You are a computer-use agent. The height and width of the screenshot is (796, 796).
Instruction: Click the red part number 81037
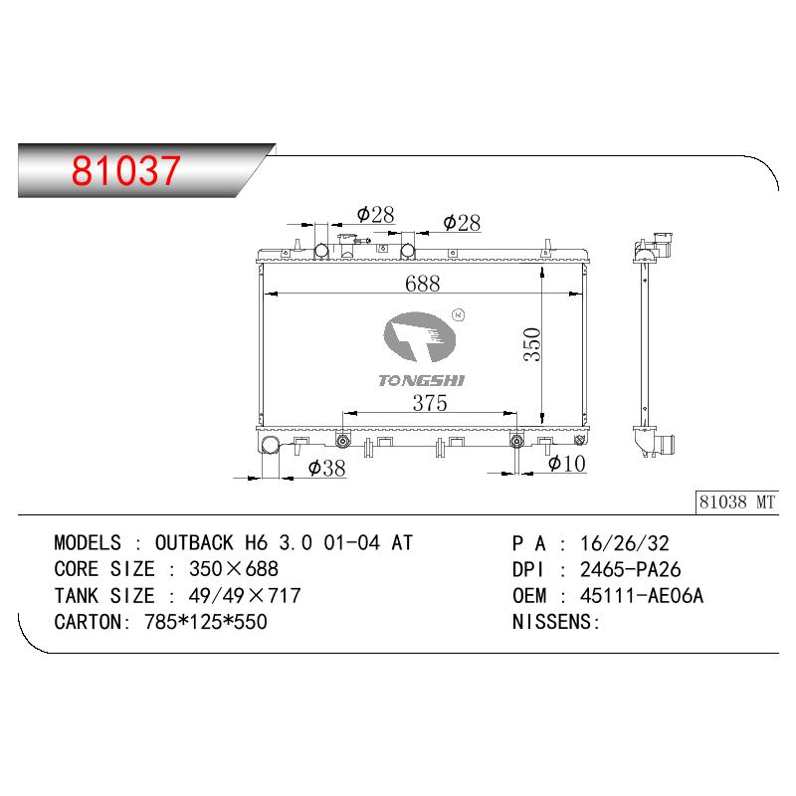[x=126, y=170]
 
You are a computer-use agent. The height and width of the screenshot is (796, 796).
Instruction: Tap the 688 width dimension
[x=422, y=284]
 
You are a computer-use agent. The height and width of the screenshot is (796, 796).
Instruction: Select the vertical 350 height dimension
[x=532, y=344]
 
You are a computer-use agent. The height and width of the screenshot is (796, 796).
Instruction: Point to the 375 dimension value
[x=430, y=403]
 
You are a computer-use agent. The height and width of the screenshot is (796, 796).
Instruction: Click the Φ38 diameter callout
[x=327, y=468]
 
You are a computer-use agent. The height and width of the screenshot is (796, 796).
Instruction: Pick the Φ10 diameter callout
[x=567, y=463]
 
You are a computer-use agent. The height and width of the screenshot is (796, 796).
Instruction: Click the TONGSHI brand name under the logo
[x=421, y=381]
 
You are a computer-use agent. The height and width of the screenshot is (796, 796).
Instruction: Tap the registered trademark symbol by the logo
[x=458, y=314]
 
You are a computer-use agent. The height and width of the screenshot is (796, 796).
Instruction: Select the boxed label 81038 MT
[x=737, y=502]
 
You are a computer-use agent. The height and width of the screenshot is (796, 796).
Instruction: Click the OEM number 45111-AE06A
[x=642, y=595]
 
